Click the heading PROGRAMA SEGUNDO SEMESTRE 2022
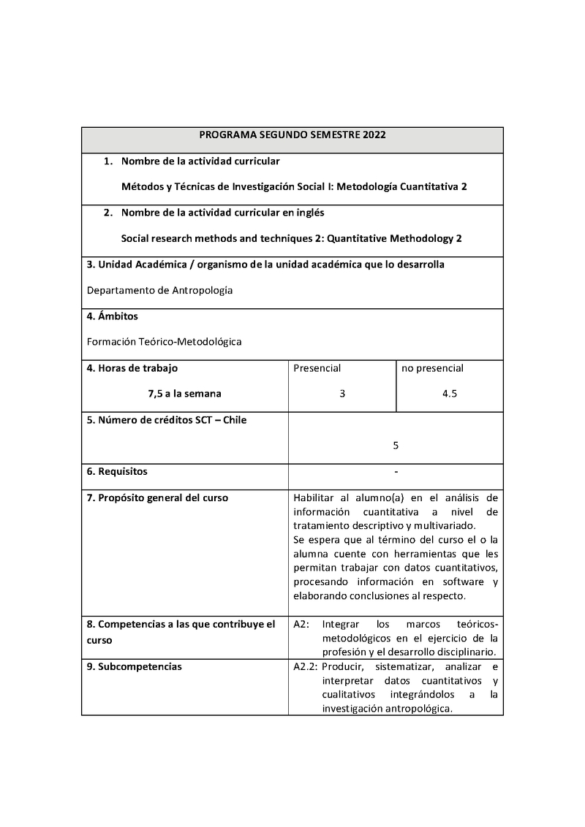coord(292,135)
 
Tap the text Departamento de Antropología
coord(159,290)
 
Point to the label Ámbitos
coord(116,316)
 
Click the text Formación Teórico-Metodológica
coord(164,341)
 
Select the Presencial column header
coord(317,368)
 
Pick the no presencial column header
coord(432,368)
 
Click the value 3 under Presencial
coord(342,394)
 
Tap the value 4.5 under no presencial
coord(450,394)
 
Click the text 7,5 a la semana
coord(184,394)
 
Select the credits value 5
coord(396,445)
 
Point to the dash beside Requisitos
coord(396,471)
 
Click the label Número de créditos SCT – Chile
coord(167,420)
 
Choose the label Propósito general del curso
coord(157,498)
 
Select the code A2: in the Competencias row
coord(301,625)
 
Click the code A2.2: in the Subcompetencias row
coord(305,667)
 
